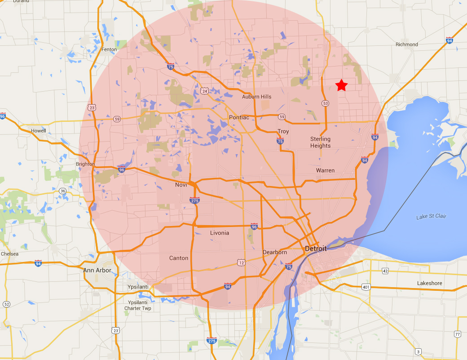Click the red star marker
tap(342, 84)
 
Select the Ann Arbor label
tap(97, 270)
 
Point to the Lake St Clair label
tap(431, 217)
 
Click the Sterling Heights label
tap(320, 142)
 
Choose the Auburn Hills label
tap(257, 97)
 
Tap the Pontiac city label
tap(239, 117)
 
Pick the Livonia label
tap(220, 233)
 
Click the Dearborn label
tap(275, 252)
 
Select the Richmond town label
tap(406, 44)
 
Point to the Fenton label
tap(109, 49)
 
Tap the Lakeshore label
tap(429, 283)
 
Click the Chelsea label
tap(9, 254)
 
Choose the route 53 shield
tap(325, 104)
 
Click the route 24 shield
tap(205, 91)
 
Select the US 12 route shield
tap(242, 262)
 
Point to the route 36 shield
tap(63, 191)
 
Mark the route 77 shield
tap(458, 334)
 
